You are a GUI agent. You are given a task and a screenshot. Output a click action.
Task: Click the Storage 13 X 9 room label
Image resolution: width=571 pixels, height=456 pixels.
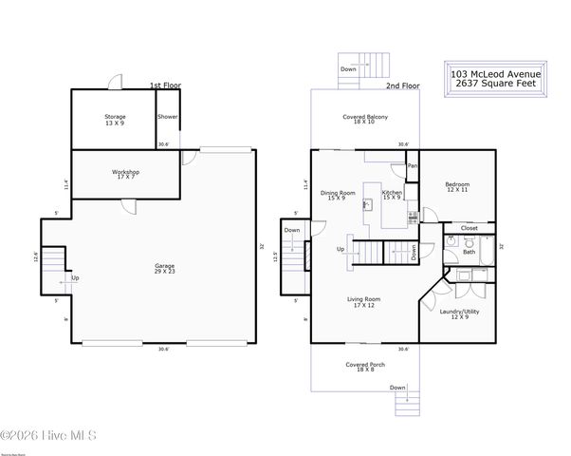114,120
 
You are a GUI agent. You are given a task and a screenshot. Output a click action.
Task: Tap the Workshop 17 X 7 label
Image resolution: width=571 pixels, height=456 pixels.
126,175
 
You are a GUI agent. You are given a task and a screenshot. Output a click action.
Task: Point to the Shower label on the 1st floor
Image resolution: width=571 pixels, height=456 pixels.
168,117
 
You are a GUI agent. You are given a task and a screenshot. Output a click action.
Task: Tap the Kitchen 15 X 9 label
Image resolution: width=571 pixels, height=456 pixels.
392,194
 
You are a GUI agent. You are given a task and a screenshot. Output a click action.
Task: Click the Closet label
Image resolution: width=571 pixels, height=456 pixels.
469,228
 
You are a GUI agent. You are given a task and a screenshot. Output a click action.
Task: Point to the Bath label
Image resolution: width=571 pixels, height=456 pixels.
468,251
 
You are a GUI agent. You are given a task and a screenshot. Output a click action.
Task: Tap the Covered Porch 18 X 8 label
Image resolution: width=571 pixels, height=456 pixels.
365,367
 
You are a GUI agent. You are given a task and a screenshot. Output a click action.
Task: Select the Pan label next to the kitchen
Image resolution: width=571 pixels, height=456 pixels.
412,166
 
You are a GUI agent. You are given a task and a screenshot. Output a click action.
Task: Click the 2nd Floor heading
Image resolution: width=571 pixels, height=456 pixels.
402,85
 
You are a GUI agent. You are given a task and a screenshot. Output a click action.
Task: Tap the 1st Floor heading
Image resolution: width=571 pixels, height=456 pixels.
165,85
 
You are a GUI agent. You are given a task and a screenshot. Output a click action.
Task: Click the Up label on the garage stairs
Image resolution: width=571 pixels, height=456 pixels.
75,278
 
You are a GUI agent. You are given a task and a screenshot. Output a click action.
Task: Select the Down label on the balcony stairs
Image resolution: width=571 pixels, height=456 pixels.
349,69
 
